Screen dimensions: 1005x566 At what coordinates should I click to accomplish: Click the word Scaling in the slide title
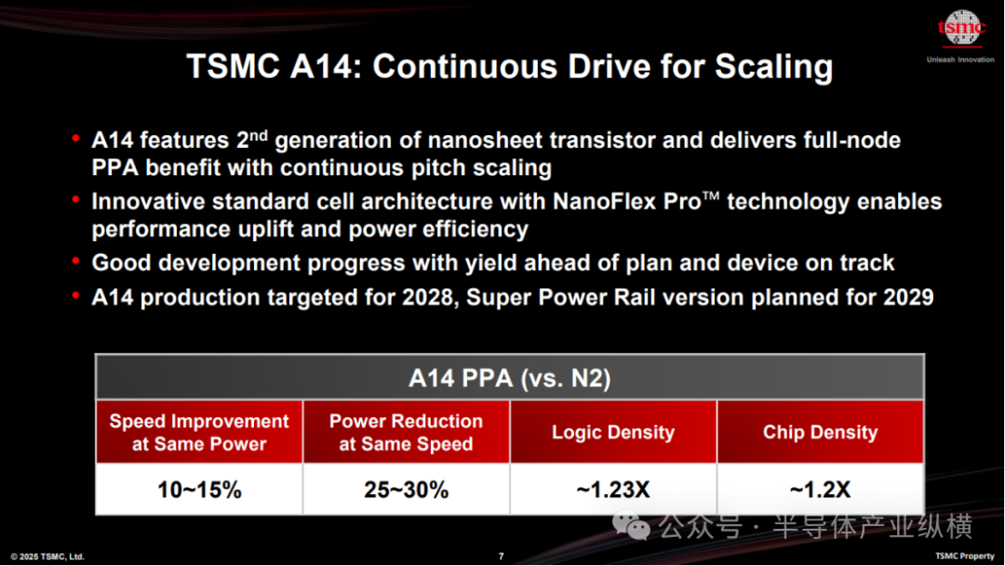point(773,67)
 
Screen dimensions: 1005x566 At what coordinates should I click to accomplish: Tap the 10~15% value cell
point(199,490)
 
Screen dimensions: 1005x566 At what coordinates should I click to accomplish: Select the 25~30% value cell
point(407,490)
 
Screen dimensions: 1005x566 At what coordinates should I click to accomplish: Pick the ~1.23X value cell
point(613,490)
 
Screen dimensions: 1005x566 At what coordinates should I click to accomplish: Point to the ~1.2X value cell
point(821,490)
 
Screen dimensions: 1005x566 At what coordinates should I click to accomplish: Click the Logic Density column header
point(613,432)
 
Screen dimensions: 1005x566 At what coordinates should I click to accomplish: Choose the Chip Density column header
point(821,432)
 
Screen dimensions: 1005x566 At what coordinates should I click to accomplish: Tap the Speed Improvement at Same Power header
point(199,432)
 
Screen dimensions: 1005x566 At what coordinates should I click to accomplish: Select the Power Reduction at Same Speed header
point(407,432)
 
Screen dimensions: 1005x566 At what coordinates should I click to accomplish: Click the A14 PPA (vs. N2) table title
point(510,378)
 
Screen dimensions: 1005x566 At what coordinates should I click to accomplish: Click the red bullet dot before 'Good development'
point(75,261)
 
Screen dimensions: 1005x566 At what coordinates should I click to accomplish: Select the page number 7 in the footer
point(502,557)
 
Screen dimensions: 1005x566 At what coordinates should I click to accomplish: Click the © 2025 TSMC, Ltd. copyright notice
point(47,557)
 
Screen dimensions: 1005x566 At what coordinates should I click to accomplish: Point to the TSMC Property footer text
point(965,556)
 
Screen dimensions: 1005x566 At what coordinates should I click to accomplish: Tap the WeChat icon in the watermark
point(631,526)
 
